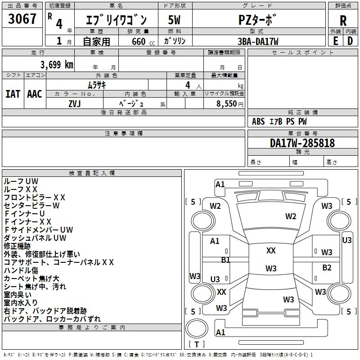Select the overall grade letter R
coord(343,21)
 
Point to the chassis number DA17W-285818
coord(302,143)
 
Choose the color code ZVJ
coord(75,103)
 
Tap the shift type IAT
coord(13,94)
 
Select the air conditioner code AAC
coord(35,94)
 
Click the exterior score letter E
coord(335,41)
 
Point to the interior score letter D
coord(350,41)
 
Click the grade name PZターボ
coord(258,20)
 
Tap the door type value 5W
coord(175,20)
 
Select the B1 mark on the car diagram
coord(225,260)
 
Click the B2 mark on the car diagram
coord(327,268)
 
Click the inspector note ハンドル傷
coord(21,270)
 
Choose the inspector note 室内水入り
coord(21,303)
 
